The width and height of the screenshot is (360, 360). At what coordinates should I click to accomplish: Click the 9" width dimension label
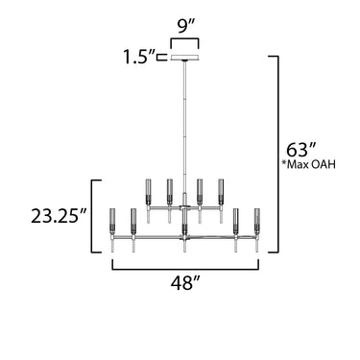pos(186,28)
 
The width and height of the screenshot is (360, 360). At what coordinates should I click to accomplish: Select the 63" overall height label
pos(301,150)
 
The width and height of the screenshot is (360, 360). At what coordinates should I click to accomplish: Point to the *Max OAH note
pos(308,164)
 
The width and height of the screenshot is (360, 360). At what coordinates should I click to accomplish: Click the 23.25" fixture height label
pos(59,216)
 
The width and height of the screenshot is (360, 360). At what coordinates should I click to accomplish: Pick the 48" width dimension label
pos(185,282)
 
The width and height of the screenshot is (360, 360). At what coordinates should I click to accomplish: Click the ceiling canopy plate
pos(184,58)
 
